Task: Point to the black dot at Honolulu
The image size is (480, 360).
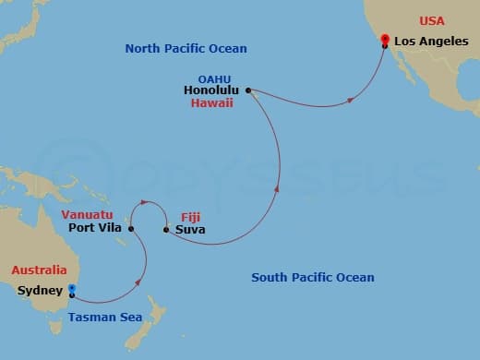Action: point(247,90)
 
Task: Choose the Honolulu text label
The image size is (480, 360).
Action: point(211,90)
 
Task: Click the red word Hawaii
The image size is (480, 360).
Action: point(212,104)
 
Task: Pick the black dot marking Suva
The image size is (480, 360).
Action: point(165,229)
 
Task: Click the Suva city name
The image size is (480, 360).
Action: point(189,230)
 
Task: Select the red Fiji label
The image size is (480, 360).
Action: point(189,215)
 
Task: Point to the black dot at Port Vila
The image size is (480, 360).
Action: point(131,229)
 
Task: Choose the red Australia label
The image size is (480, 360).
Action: point(39,270)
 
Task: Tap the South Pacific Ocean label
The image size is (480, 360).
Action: point(314,277)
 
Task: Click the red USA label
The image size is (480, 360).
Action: point(432,20)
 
